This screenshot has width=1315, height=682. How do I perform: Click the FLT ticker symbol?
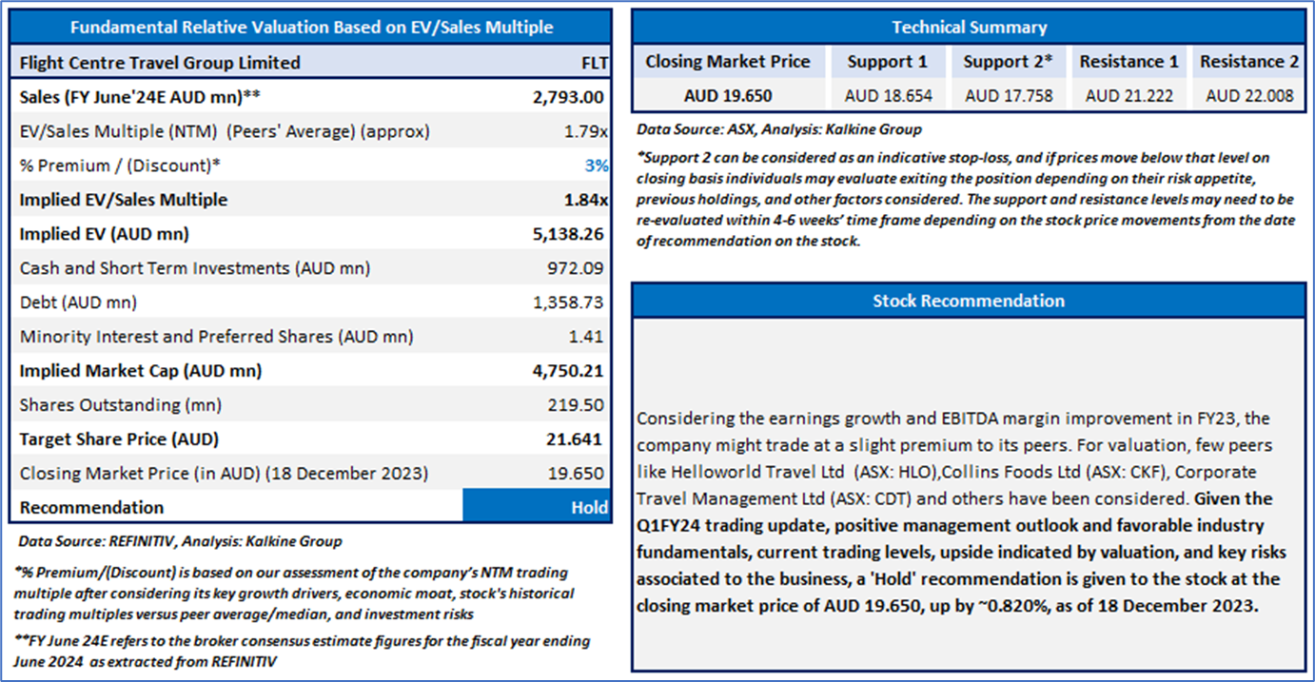click(x=594, y=63)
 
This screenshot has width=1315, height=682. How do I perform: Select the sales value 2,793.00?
click(x=569, y=97)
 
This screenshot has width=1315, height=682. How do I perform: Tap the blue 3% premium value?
click(x=596, y=166)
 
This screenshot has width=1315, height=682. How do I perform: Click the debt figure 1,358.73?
click(x=569, y=302)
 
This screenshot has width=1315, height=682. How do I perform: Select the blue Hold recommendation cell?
click(x=537, y=507)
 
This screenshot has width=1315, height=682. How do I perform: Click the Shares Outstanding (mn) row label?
click(x=120, y=405)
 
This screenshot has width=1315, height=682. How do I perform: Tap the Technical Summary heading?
click(x=969, y=28)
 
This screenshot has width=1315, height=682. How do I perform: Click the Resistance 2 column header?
click(x=1248, y=62)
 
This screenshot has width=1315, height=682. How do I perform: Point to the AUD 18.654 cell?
click(x=888, y=96)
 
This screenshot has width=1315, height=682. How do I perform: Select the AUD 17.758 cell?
click(x=1009, y=96)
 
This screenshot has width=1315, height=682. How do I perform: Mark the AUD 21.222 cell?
click(x=1129, y=96)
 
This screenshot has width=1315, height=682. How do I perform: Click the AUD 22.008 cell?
click(x=1248, y=96)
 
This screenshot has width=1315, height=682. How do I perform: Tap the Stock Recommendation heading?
click(x=969, y=301)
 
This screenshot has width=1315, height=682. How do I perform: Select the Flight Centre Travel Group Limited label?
click(x=160, y=63)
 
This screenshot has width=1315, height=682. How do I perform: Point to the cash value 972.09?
click(x=573, y=268)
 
